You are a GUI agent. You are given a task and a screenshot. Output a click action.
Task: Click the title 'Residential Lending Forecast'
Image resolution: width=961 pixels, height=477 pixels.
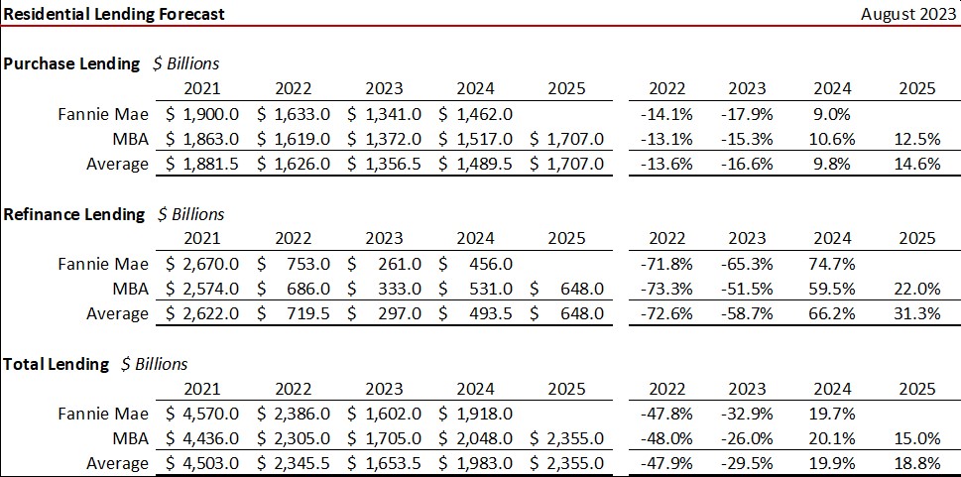pos(113,14)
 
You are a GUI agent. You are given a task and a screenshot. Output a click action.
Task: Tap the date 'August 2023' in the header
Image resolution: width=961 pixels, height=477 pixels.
pos(906,14)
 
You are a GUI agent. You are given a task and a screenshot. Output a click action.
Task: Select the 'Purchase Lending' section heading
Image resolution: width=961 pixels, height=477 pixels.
pos(71,63)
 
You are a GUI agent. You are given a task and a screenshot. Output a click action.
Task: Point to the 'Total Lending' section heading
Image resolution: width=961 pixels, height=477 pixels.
pos(56,364)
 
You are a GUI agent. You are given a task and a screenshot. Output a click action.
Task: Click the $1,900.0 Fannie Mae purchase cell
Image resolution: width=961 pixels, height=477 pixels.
pos(202,114)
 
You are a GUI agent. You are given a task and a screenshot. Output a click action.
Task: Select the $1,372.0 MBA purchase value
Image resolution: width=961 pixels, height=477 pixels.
pos(385,139)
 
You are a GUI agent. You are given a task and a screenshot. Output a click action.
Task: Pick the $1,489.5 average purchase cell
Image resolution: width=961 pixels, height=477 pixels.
pos(476,164)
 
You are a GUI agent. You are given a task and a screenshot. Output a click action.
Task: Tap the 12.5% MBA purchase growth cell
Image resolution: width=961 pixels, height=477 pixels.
pos(916,139)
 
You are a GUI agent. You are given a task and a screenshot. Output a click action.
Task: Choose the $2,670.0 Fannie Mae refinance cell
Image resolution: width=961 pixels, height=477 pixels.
pos(202,264)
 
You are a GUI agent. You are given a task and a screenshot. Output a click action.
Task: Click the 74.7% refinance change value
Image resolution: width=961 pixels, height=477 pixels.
pos(831,264)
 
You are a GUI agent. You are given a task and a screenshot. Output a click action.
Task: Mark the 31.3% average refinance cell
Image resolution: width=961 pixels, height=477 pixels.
pos(916,313)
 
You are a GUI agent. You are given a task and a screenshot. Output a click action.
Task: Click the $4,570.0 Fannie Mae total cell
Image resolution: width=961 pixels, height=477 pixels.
pos(202,414)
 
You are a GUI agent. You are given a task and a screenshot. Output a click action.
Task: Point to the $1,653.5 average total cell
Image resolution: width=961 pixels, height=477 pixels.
pos(385,463)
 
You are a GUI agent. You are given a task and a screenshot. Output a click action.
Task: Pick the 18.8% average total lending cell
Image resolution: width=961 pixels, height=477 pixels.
pos(916,463)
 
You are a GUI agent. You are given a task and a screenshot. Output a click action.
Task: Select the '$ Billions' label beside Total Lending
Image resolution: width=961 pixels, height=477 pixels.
pos(154,364)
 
